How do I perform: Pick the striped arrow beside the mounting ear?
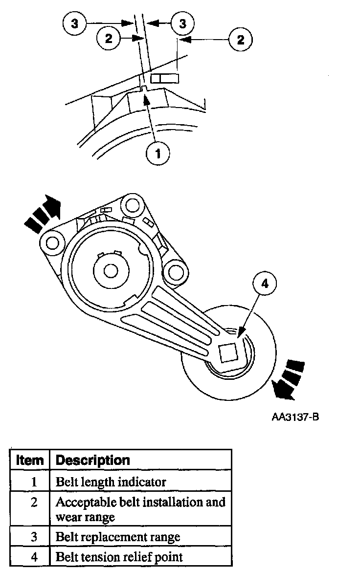click(x=43, y=213)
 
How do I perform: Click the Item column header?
click(x=30, y=461)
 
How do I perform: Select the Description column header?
click(x=93, y=461)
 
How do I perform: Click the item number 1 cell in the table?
click(x=34, y=482)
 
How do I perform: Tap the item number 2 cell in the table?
click(x=34, y=503)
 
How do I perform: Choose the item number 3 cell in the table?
click(x=34, y=537)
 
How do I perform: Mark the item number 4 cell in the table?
click(x=34, y=556)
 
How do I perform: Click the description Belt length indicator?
click(x=111, y=482)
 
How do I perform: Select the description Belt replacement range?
click(x=118, y=537)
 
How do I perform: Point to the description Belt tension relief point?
click(x=119, y=556)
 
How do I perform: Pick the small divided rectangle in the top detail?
click(x=165, y=79)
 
